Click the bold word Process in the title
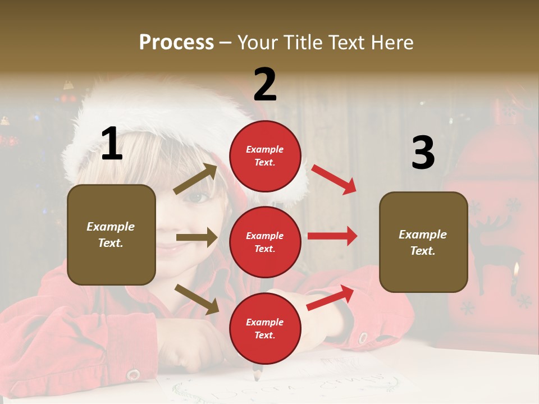pyautogui.click(x=176, y=42)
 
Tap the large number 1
pyautogui.click(x=112, y=144)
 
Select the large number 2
pyautogui.click(x=265, y=85)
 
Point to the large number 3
pyautogui.click(x=423, y=153)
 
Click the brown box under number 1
pyautogui.click(x=111, y=235)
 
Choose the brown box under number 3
pyautogui.click(x=423, y=242)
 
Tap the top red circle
pyautogui.click(x=265, y=156)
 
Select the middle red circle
pyautogui.click(x=265, y=242)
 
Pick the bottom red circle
pyautogui.click(x=265, y=328)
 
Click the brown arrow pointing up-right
pyautogui.click(x=195, y=179)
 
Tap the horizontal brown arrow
pyautogui.click(x=197, y=237)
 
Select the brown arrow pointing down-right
pyautogui.click(x=197, y=299)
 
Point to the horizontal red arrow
pyautogui.click(x=332, y=236)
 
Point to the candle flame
pyautogui.click(x=515, y=270)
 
